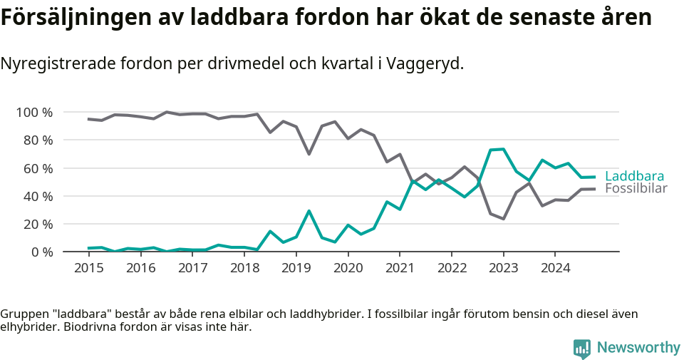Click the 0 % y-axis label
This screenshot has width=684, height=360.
41,252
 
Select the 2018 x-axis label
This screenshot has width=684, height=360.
244,268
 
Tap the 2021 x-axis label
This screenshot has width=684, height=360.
400,268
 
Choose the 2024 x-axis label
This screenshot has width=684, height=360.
556,268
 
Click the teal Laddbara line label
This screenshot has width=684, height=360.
634,176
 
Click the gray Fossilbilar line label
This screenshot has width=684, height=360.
636,189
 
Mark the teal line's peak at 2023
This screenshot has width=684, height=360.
503,149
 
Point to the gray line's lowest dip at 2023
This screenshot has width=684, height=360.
503,219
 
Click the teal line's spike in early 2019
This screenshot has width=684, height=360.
309,211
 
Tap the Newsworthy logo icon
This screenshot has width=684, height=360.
581,348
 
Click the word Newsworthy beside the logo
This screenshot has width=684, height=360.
638,348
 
